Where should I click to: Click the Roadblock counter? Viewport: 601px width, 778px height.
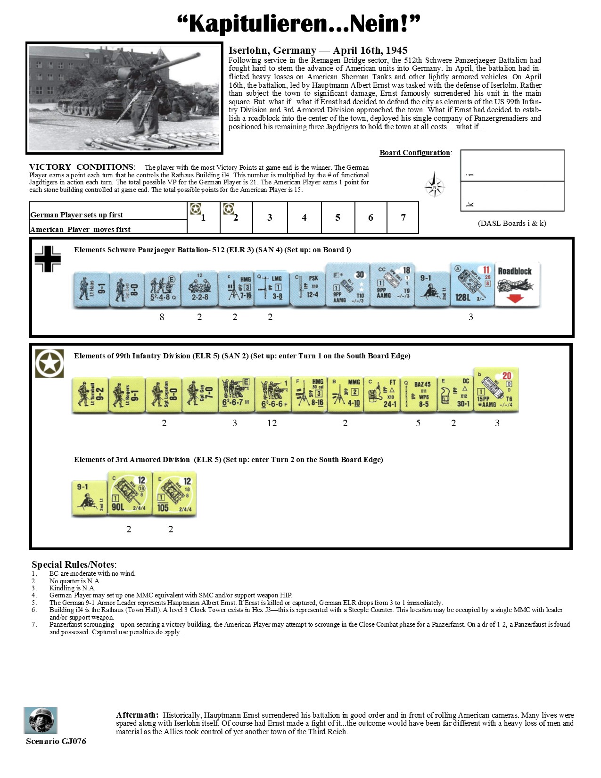[x=517, y=284]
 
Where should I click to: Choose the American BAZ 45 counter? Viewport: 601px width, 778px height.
[x=418, y=394]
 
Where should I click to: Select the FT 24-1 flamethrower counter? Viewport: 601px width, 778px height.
[x=381, y=394]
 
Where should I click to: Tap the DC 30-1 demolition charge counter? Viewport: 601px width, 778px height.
[x=454, y=394]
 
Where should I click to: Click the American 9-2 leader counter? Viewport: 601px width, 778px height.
[x=90, y=394]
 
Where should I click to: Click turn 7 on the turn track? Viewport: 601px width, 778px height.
[x=403, y=217]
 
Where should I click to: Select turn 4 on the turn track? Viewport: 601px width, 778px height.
[x=304, y=217]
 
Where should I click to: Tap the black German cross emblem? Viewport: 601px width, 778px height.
[x=48, y=259]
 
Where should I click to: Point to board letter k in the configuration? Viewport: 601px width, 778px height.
[x=470, y=204]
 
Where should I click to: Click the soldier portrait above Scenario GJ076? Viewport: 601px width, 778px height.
[x=41, y=720]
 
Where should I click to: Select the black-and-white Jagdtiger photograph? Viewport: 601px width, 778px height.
[x=124, y=98]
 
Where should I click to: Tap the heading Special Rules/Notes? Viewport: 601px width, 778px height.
[x=74, y=564]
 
